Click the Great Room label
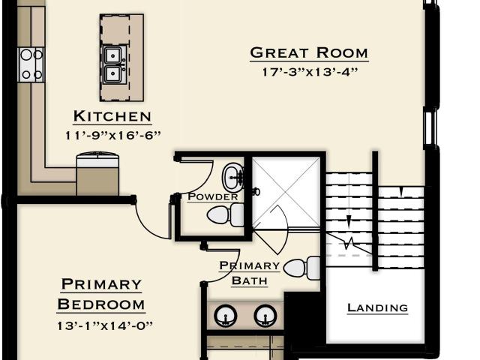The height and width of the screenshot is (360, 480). (x=309, y=52)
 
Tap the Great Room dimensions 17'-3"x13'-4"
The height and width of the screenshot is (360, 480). (x=310, y=72)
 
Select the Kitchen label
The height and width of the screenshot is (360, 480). (x=112, y=116)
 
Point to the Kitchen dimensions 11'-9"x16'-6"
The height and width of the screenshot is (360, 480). (x=113, y=135)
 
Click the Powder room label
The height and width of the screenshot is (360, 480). (x=213, y=196)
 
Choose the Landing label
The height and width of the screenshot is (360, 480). (x=377, y=307)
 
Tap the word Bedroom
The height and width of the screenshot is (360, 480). (x=101, y=304)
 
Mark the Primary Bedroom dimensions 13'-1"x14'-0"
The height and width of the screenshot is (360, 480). (x=105, y=325)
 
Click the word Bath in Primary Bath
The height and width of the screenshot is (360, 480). (x=250, y=280)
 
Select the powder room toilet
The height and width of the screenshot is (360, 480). (x=226, y=215)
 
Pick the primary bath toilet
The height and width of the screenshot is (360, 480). (x=301, y=268)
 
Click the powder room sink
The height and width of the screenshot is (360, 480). (x=233, y=177)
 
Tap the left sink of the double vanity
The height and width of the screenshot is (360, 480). (x=225, y=316)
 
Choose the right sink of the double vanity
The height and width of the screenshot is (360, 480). (x=265, y=316)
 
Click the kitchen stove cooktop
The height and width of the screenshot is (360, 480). (x=31, y=64)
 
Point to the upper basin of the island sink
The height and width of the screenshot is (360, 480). (x=113, y=55)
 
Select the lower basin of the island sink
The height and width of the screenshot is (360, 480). (x=113, y=73)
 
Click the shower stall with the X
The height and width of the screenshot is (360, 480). (x=286, y=192)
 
